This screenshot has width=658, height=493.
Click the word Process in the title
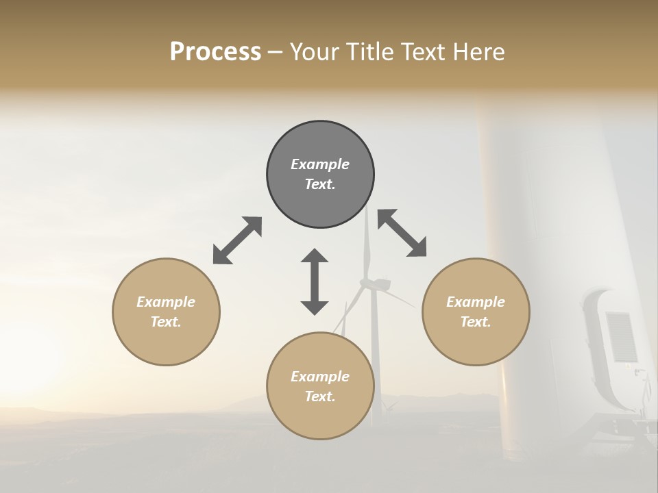(215, 51)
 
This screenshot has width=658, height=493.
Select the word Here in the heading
(478, 51)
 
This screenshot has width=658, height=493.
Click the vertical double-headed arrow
(315, 281)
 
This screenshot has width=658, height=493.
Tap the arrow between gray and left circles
(237, 240)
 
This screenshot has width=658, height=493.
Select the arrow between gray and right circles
(402, 233)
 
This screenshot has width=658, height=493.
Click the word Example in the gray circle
(320, 164)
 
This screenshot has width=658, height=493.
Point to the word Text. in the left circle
(166, 322)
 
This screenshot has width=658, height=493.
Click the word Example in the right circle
(476, 302)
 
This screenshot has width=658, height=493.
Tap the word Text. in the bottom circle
(320, 396)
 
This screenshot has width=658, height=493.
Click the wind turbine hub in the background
(374, 283)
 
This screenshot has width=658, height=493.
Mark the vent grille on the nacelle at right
(621, 336)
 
